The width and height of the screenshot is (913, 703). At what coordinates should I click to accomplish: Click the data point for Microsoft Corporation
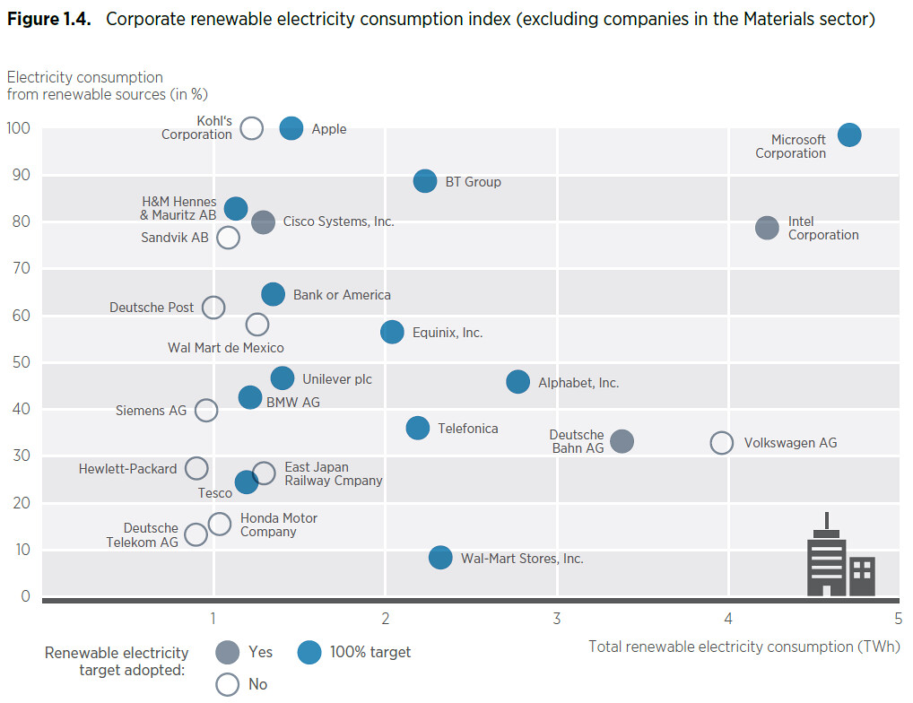tap(849, 135)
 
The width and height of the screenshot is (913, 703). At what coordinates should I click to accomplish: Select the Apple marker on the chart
tap(291, 128)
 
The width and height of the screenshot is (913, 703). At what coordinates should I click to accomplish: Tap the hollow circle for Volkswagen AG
tap(721, 443)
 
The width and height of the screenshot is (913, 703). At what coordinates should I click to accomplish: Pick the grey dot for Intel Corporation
tap(767, 228)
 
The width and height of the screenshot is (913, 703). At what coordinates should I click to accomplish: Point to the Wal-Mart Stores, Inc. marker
tap(440, 558)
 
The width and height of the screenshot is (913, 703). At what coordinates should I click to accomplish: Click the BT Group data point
tap(425, 181)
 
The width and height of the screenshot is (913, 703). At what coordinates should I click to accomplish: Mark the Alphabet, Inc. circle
tap(517, 382)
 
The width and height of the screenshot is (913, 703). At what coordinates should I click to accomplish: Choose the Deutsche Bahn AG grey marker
tap(622, 441)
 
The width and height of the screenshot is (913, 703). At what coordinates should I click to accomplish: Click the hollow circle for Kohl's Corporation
tap(251, 117)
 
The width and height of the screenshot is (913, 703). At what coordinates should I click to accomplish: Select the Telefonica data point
tap(418, 428)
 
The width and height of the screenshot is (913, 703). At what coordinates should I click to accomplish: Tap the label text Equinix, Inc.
tap(448, 333)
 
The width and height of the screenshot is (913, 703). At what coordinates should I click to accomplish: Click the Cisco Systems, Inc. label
tap(338, 221)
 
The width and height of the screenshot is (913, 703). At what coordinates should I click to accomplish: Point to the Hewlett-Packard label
tap(127, 468)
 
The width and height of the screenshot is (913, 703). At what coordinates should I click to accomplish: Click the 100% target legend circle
tap(309, 652)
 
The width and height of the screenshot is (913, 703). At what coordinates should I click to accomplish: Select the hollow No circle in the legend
tap(227, 673)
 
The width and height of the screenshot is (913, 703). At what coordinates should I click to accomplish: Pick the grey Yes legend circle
tap(227, 652)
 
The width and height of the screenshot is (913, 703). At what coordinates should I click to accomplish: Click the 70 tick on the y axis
tap(21, 268)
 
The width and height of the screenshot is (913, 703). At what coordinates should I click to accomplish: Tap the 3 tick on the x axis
tap(557, 619)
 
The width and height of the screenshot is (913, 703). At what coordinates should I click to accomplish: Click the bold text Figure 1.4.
tap(49, 19)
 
